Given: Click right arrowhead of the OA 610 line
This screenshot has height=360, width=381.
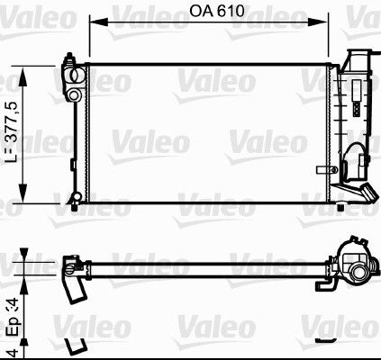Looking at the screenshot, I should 331,27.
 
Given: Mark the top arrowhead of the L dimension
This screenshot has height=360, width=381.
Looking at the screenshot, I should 23,67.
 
